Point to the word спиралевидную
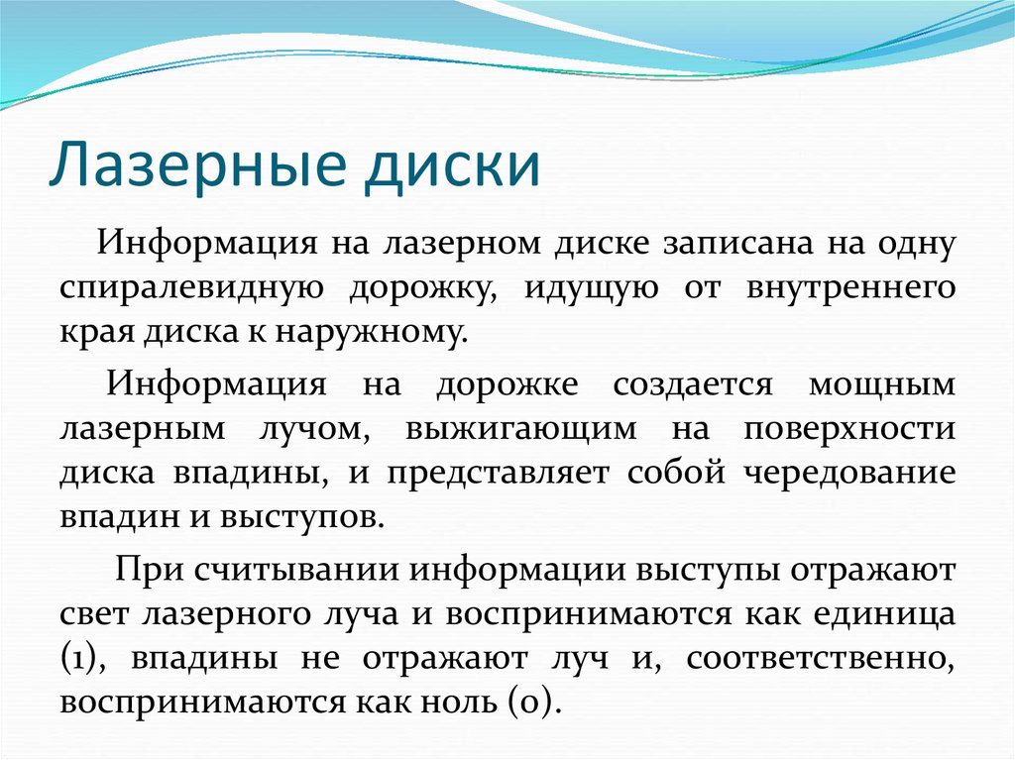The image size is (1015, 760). [x=188, y=288]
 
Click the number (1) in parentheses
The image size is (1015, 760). [x=78, y=658]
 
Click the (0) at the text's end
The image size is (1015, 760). [x=536, y=703]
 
